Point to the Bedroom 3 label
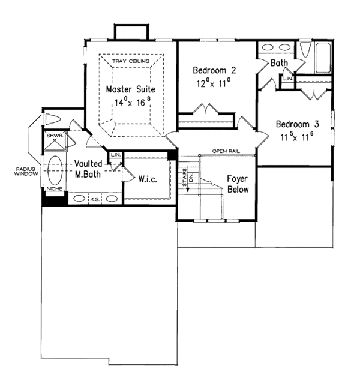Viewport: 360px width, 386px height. tap(296, 125)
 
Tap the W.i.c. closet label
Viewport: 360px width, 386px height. tap(147, 179)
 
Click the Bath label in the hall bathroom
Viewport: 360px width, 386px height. tap(278, 62)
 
